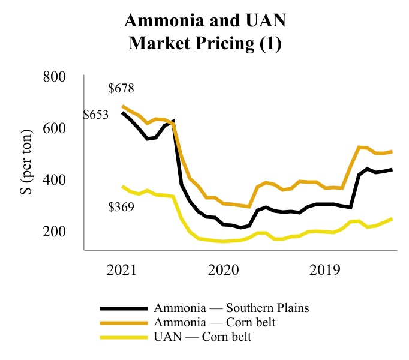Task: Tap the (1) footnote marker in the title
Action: click(266, 45)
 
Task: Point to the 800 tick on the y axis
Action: click(54, 77)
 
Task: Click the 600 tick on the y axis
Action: click(54, 128)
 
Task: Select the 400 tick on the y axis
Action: click(54, 180)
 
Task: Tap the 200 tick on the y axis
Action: click(54, 231)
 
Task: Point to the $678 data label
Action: click(121, 89)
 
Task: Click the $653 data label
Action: click(95, 115)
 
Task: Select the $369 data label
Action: click(121, 208)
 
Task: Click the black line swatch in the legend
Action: click(123, 309)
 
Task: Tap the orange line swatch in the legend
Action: click(123, 323)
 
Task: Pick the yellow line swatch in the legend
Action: click(123, 337)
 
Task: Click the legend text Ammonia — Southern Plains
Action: click(231, 308)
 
